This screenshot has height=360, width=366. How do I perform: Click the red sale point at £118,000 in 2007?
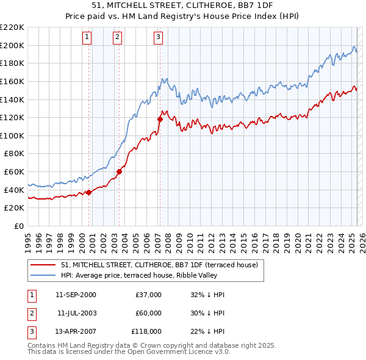[160, 119]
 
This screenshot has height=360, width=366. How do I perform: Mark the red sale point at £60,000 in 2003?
[119, 171]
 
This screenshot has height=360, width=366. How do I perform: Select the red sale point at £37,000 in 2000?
[88, 192]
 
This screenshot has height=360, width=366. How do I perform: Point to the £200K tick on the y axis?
[12, 45]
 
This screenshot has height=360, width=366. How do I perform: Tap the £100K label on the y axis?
[12, 135]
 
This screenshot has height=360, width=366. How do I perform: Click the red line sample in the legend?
[43, 265]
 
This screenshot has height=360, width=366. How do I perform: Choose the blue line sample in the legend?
[43, 275]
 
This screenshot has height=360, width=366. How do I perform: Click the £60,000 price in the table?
[149, 313]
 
